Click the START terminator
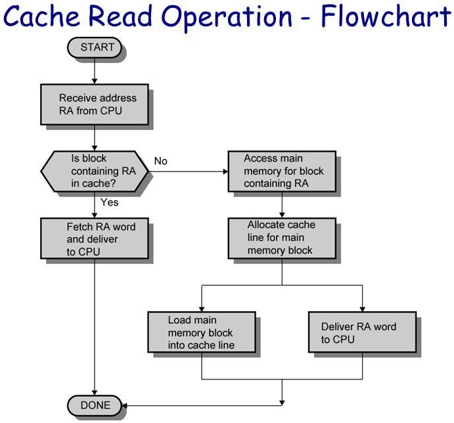[x=95, y=47]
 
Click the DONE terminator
[x=95, y=405]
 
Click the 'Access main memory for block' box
[x=282, y=171]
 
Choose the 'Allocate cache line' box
[x=282, y=238]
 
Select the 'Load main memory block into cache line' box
[x=200, y=332]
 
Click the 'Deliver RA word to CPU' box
[x=362, y=332]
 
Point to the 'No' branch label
[x=161, y=161]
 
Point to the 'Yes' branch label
[x=109, y=202]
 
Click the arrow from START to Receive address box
[x=95, y=72]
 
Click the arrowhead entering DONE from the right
[x=123, y=405]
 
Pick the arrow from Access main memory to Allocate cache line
[x=282, y=204]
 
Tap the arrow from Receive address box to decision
[x=95, y=137]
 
